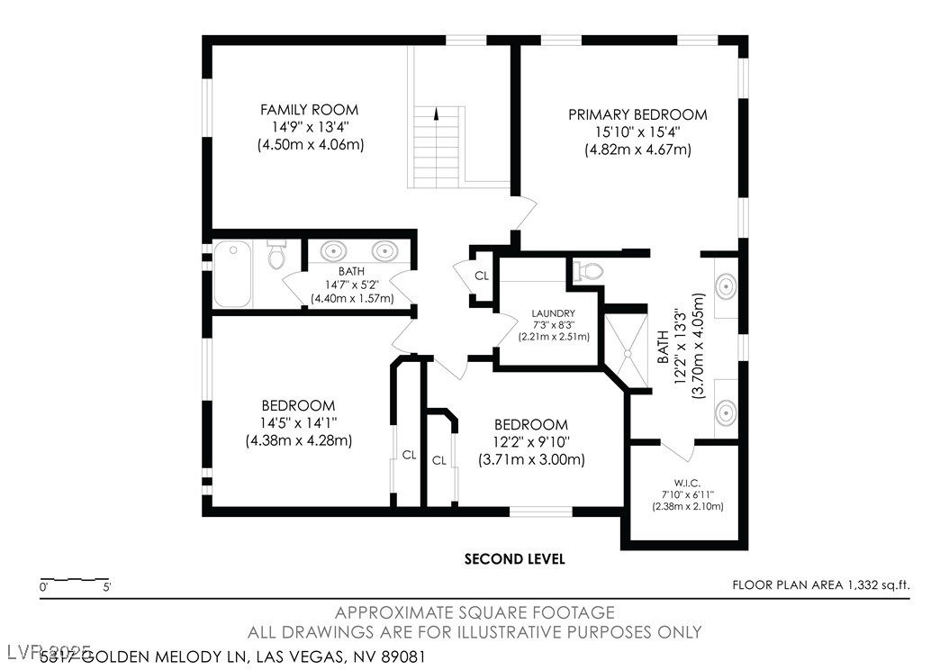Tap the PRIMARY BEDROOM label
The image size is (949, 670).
(x=637, y=114)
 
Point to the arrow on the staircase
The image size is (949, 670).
(x=437, y=114)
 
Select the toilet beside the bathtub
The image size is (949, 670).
(x=276, y=257)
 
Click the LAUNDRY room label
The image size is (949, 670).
(x=553, y=313)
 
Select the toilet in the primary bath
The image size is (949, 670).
(x=589, y=269)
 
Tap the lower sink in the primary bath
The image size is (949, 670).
(x=725, y=412)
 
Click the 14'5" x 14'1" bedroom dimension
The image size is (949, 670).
(x=298, y=423)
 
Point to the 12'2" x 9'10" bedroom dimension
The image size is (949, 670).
(x=531, y=442)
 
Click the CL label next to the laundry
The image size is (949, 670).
(x=482, y=276)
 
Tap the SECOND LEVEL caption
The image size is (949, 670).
(x=514, y=559)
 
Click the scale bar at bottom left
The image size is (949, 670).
(x=75, y=579)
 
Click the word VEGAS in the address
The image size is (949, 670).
(x=322, y=656)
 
